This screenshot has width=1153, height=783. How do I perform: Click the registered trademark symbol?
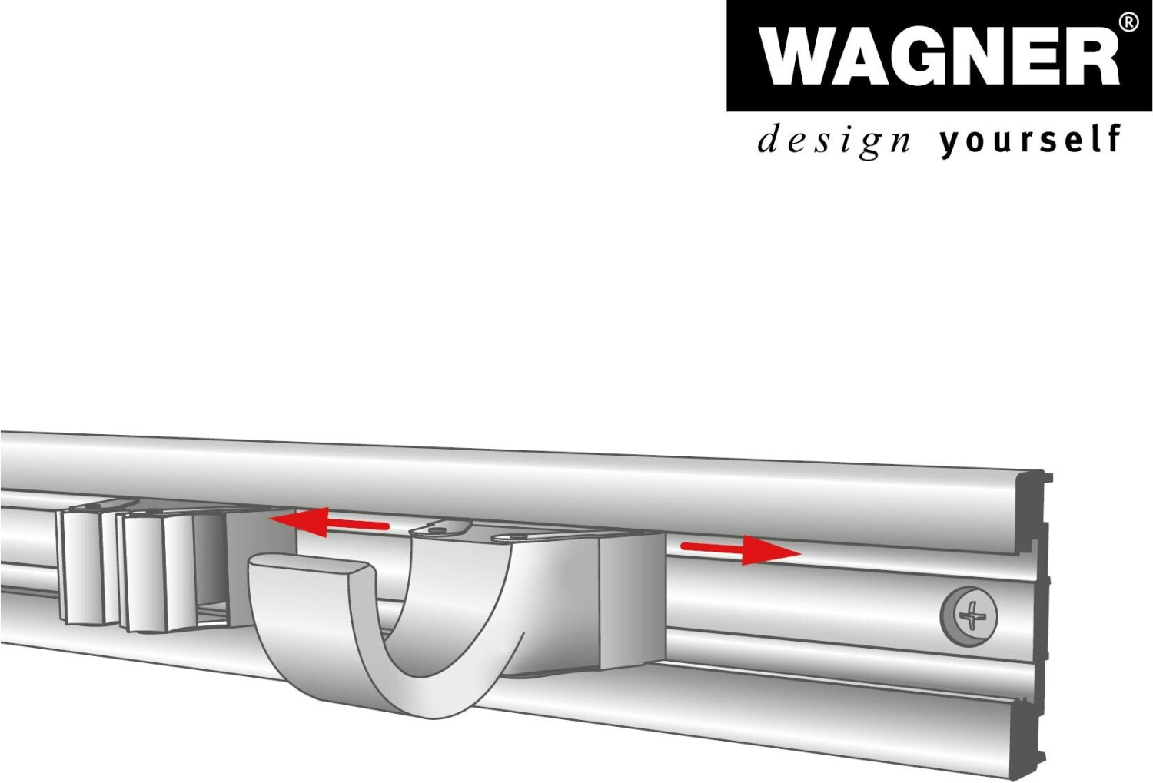coord(1128,22)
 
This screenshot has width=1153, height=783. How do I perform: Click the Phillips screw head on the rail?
coord(970,615)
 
